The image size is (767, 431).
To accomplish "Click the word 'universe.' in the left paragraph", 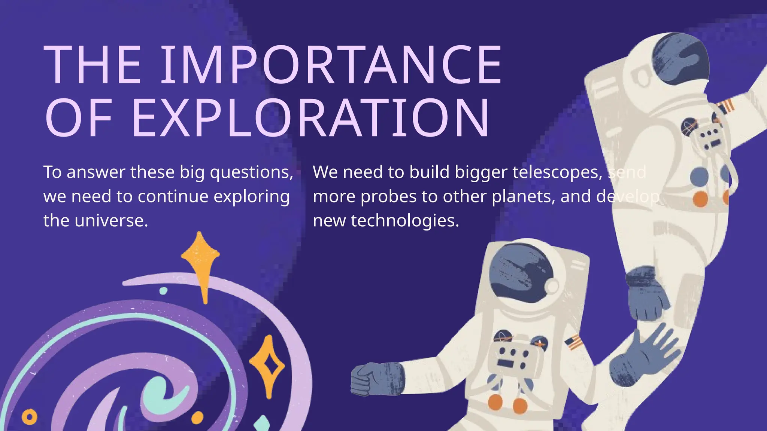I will (111, 221).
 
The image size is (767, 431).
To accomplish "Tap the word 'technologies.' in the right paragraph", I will (405, 221).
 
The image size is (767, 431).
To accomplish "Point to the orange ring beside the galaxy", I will (30, 416).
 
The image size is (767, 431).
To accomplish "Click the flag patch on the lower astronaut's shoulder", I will (573, 342).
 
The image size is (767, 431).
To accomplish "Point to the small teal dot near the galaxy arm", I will (163, 291).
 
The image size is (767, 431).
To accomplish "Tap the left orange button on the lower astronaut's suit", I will (495, 402).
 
